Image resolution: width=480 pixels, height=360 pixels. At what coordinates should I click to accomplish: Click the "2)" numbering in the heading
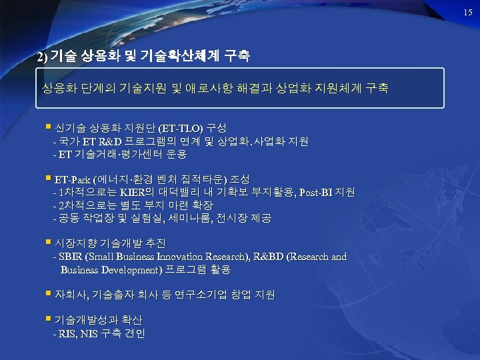pyautogui.click(x=43, y=58)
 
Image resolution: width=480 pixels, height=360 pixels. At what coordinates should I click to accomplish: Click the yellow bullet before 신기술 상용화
pyautogui.click(x=49, y=127)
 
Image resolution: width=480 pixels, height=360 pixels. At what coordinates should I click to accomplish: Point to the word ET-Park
pyautogui.click(x=73, y=179)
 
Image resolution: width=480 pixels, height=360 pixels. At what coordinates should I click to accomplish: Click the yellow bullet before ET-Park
pyautogui.click(x=49, y=179)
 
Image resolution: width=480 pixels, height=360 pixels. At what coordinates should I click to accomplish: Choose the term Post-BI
pyautogui.click(x=315, y=193)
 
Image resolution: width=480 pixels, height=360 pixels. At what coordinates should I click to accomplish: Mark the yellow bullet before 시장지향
pyautogui.click(x=49, y=242)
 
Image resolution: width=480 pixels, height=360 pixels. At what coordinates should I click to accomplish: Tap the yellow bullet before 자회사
pyautogui.click(x=49, y=293)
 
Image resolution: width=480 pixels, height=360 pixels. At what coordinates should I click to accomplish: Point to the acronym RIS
pyautogui.click(x=68, y=333)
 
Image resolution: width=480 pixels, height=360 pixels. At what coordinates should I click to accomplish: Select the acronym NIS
pyautogui.click(x=90, y=333)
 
